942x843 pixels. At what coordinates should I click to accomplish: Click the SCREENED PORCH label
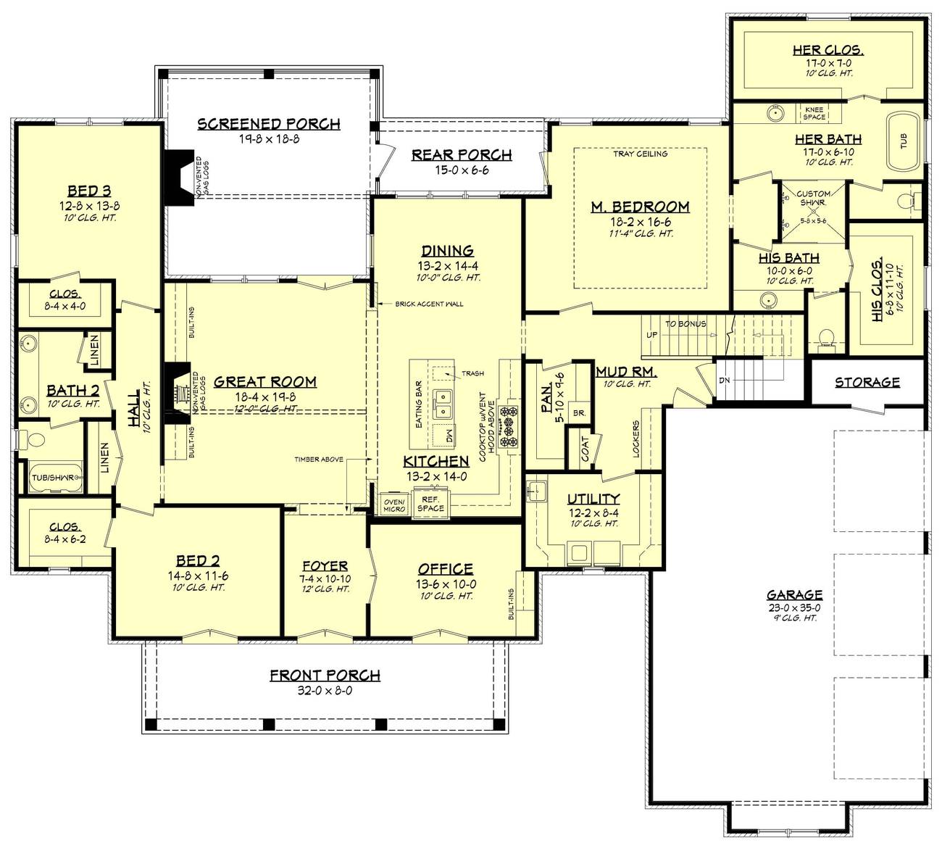tap(269, 124)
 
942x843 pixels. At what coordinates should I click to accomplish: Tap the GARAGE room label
tap(795, 594)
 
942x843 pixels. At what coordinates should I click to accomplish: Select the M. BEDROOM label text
tap(640, 207)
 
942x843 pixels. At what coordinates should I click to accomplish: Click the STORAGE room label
tap(867, 382)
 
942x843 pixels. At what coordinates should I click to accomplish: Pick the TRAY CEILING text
tap(640, 154)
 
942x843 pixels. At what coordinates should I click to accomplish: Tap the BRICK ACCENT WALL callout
tap(429, 304)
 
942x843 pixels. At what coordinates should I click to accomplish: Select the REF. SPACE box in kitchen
tap(430, 503)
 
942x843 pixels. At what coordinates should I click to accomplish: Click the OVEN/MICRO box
tap(394, 504)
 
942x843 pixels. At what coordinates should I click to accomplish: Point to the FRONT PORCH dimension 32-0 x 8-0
tap(325, 691)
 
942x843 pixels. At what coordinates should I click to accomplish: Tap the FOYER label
tap(325, 566)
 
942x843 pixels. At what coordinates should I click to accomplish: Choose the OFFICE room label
tap(445, 570)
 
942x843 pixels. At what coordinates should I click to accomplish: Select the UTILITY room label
tap(593, 499)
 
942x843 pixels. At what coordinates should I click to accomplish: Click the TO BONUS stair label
tap(685, 324)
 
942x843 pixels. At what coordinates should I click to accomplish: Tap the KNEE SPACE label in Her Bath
tap(814, 113)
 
